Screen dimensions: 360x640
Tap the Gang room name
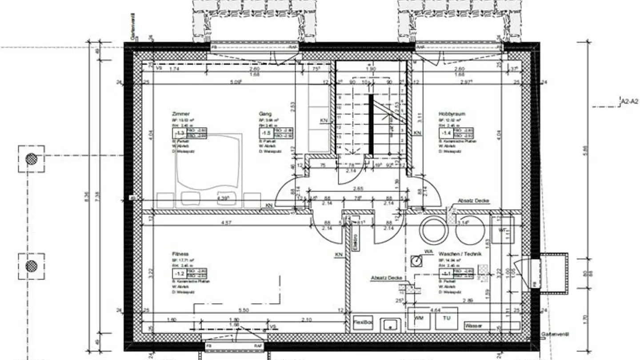pos(265,114)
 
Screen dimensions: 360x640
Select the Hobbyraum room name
pos(452,114)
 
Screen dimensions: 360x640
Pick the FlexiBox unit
pos(363,322)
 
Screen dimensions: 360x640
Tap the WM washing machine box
pos(419,319)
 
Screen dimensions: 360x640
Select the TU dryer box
pos(446,319)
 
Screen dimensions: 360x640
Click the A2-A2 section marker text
pos(629,102)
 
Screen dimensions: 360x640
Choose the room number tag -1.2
pos(180,273)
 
